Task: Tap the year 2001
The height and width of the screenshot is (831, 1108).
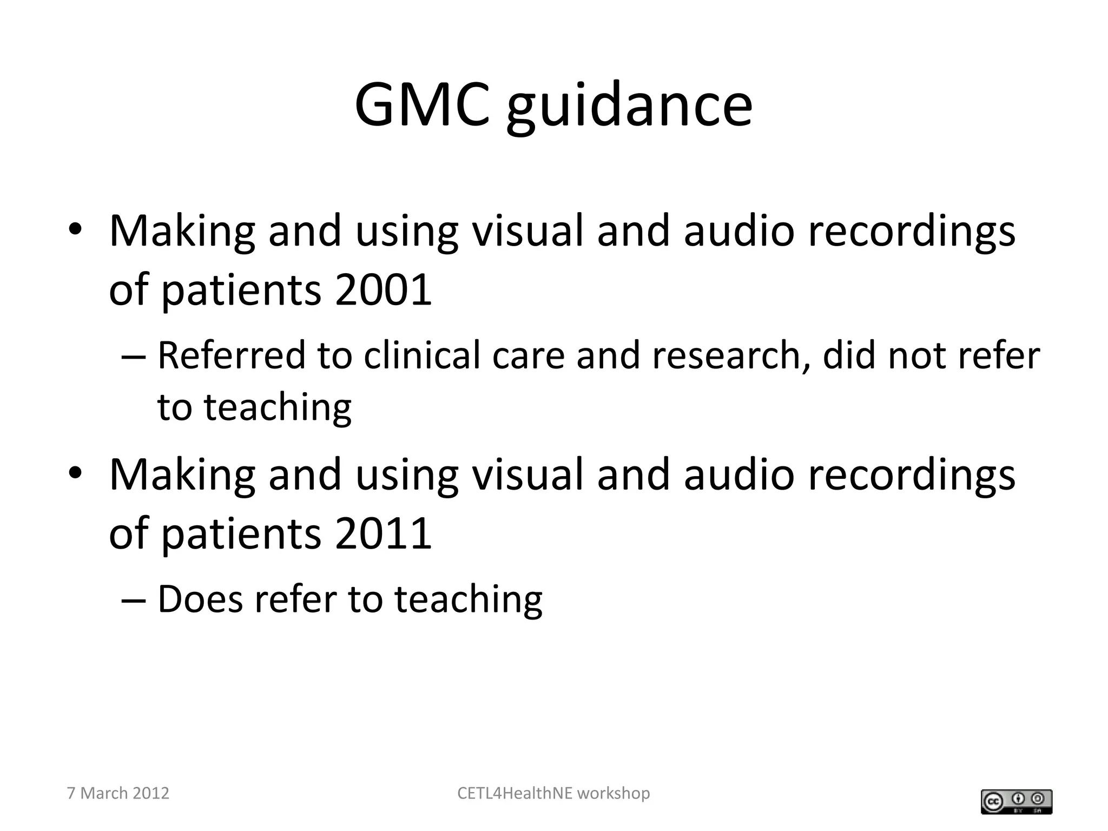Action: (x=383, y=290)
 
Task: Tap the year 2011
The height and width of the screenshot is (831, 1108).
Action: (x=383, y=533)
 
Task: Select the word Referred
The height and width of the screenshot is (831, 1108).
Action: (x=232, y=355)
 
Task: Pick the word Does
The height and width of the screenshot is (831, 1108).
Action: (x=200, y=599)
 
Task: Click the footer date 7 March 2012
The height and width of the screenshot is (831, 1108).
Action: (x=118, y=793)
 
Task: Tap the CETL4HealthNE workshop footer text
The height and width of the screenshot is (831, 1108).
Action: (x=553, y=793)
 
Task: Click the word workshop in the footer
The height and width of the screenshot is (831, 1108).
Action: (x=614, y=793)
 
